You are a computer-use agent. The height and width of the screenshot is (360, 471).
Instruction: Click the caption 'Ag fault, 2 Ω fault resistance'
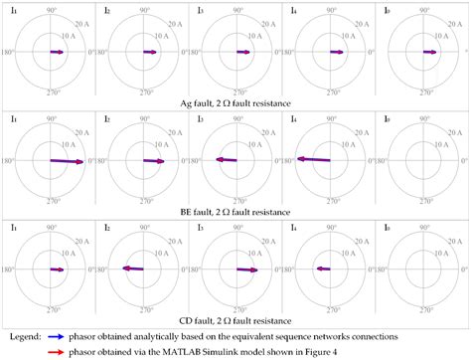[x=235, y=102]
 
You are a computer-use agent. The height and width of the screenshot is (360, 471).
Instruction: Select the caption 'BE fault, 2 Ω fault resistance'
[x=235, y=212]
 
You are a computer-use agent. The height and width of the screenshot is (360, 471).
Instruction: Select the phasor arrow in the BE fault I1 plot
[x=66, y=161]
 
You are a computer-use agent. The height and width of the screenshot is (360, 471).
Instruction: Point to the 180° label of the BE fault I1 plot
[x=8, y=161]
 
